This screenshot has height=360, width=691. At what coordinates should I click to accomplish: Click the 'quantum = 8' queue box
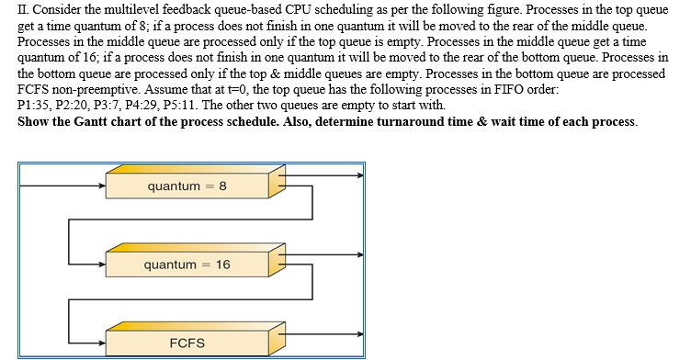187,186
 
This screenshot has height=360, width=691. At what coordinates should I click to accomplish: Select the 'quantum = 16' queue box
187,264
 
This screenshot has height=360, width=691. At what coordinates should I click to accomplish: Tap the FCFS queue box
187,343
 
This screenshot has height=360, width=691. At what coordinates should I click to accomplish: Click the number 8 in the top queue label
222,186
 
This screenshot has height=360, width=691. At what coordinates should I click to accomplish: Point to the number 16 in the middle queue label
223,264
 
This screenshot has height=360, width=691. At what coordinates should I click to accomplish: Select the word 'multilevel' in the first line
111,10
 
